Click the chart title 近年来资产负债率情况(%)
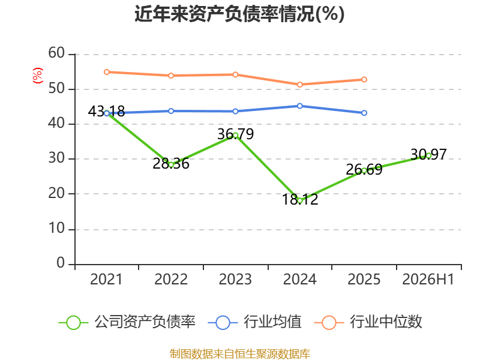239,14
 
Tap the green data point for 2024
300,201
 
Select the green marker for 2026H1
428,155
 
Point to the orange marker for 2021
107,72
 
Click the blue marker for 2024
300,106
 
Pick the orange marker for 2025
364,80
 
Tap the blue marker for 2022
171,111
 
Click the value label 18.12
300,199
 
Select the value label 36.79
235,134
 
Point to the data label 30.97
428,154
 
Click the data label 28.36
171,163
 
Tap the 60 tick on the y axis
56,53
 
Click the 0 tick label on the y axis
61,263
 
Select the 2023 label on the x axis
235,279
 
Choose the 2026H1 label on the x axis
428,279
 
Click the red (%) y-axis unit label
38,76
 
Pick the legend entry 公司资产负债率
127,322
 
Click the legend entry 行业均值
254,322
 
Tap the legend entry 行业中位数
368,322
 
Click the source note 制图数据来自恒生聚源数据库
240,354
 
